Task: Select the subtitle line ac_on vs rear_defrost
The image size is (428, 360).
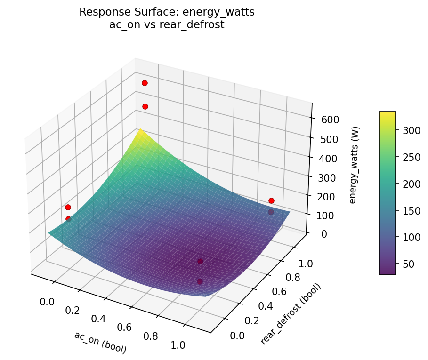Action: click(x=167, y=25)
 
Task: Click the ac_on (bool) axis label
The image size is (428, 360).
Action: click(x=100, y=342)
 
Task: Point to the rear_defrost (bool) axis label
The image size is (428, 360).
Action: click(x=291, y=314)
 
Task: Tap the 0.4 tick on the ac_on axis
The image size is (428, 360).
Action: click(x=98, y=319)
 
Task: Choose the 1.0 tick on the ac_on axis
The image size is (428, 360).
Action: click(x=178, y=344)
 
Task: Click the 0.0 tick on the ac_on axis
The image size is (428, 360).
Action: click(x=47, y=302)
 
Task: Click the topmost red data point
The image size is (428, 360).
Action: click(x=145, y=83)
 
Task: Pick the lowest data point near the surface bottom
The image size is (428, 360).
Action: click(x=200, y=281)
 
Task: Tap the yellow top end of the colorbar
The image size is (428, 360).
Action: click(x=387, y=114)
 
